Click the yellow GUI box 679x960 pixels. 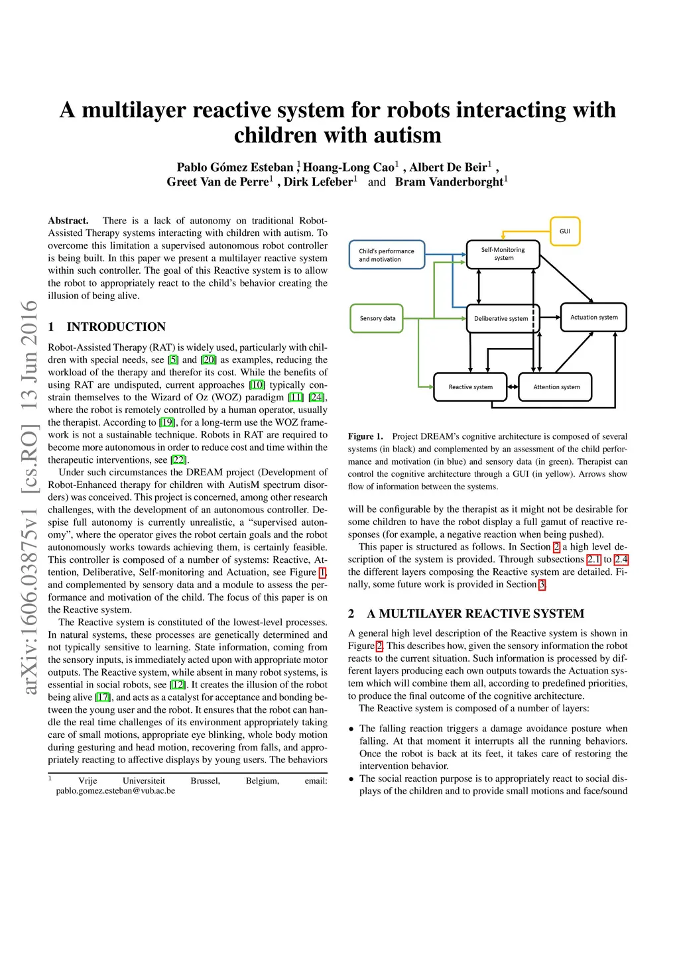(x=565, y=231)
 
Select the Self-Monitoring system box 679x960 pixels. (x=503, y=254)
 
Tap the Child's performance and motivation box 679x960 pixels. (x=387, y=255)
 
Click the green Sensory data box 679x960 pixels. (x=377, y=318)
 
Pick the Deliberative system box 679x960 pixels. (x=501, y=318)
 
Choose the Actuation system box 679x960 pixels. (x=593, y=318)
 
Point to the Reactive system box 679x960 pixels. (x=470, y=387)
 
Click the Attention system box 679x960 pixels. (x=556, y=387)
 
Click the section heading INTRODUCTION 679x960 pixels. (x=116, y=327)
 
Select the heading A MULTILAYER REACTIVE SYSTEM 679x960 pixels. (x=475, y=614)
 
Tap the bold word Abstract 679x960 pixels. (x=68, y=221)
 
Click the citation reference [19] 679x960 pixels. (x=167, y=422)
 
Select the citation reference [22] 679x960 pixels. (x=178, y=460)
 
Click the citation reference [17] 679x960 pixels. (x=103, y=697)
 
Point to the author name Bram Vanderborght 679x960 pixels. (x=449, y=182)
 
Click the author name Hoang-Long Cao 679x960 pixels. (x=348, y=167)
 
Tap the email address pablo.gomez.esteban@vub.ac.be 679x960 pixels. (x=115, y=791)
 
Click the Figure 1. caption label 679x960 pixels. (x=365, y=436)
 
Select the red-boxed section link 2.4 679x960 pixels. (x=621, y=560)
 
